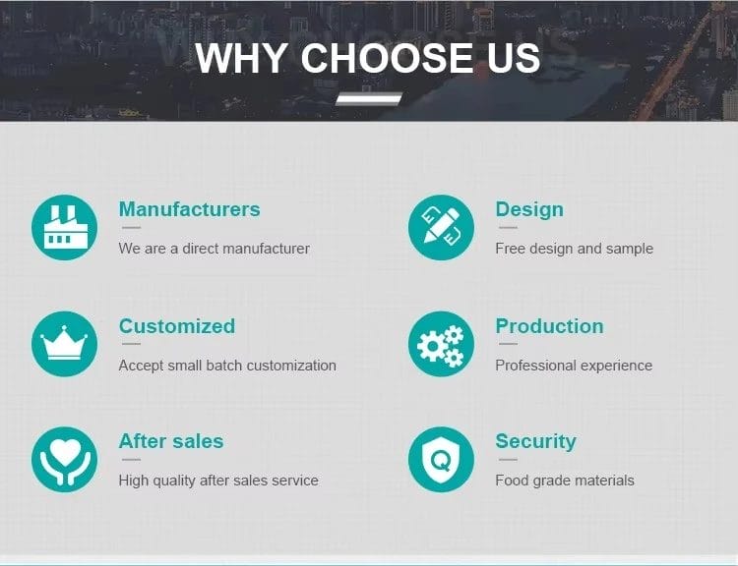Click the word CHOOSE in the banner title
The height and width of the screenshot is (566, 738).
[x=387, y=58]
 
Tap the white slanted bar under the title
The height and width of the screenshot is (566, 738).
[x=369, y=98]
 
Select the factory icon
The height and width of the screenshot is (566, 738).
[x=65, y=228]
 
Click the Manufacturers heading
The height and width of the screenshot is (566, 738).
[x=189, y=209]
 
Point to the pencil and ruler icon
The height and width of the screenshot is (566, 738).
[x=441, y=228]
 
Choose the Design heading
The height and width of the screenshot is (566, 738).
[x=529, y=209]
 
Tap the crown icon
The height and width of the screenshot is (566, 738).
[x=65, y=344]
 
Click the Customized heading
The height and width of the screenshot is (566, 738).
[x=177, y=326]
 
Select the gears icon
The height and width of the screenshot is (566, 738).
[x=441, y=344]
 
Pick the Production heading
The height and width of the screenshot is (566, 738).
[x=549, y=326]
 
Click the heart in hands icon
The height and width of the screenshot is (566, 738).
[x=65, y=459]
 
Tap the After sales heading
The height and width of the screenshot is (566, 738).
[x=171, y=441]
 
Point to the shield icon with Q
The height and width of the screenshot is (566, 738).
[x=441, y=459]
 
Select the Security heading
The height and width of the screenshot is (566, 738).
[x=535, y=442]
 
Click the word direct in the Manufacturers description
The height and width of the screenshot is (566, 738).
[x=200, y=249]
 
